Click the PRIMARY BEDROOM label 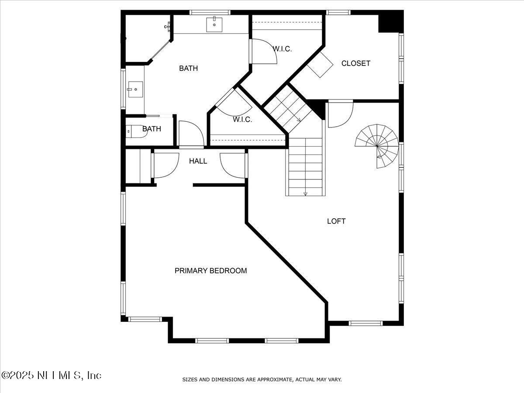(211, 271)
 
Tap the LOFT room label (336, 221)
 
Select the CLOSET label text (356, 63)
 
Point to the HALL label (198, 161)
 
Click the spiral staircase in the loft (377, 146)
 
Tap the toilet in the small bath (136, 131)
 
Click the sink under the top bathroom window (214, 24)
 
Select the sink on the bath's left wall (136, 90)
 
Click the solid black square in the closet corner (391, 21)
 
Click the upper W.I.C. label (283, 49)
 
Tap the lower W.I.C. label (242, 119)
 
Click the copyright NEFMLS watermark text (52, 376)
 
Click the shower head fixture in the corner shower (168, 26)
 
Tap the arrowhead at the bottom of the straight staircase (305, 194)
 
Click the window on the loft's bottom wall (366, 323)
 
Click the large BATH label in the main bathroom (188, 68)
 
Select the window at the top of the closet (338, 12)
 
